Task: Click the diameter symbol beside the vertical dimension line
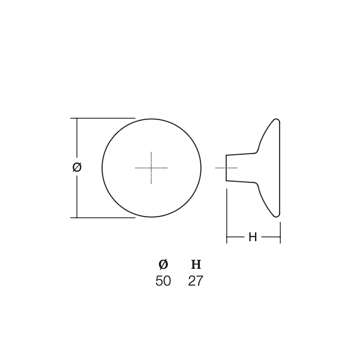[77, 167]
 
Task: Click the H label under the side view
[253, 237]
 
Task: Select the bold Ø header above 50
[163, 265]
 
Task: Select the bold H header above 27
[196, 265]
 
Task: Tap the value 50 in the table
[163, 281]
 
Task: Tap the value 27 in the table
[196, 281]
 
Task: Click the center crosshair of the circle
[151, 168]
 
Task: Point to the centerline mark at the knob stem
[226, 168]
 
